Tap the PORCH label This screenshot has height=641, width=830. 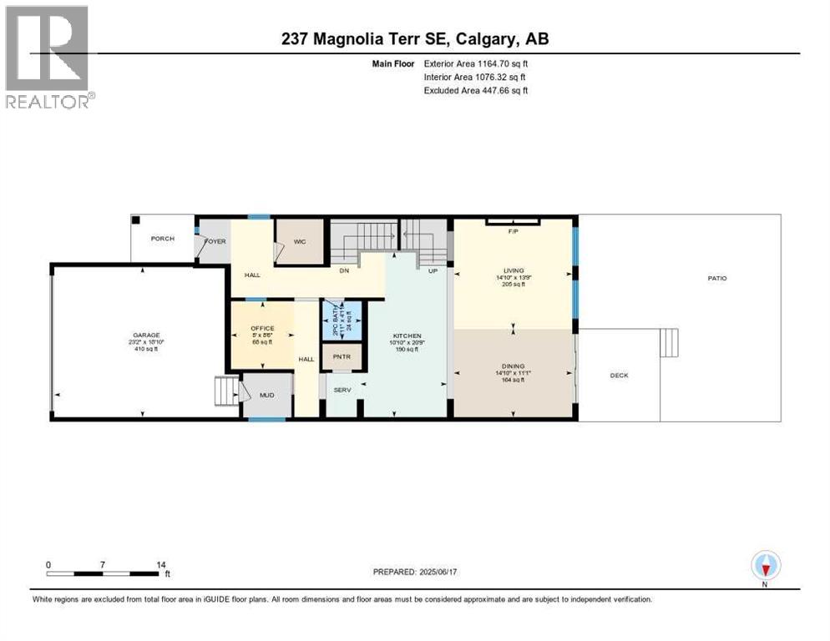162,239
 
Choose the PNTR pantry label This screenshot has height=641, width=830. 342,357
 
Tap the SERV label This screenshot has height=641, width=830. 342,390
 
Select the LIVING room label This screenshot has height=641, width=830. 513,270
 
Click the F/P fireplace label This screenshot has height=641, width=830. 513,231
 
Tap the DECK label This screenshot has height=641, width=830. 619,376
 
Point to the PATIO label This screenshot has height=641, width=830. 716,278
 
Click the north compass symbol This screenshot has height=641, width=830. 765,567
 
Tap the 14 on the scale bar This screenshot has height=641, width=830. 161,565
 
